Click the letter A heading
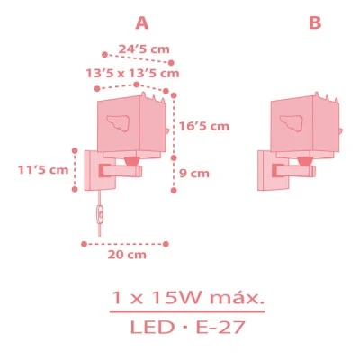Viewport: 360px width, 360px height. pos(142,22)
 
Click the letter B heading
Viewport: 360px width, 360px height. pos(315,22)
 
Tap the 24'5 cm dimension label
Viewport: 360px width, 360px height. pos(144,49)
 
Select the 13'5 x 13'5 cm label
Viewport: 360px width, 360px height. pos(132,74)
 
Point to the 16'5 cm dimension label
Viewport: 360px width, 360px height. pos(204,126)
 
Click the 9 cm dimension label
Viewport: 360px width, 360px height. pos(194,174)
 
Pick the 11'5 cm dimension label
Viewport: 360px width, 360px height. pos(43,170)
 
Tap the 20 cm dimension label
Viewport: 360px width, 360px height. pos(127,255)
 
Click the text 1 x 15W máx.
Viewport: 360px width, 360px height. pos(188,298)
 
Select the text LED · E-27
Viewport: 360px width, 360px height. pos(188,327)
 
